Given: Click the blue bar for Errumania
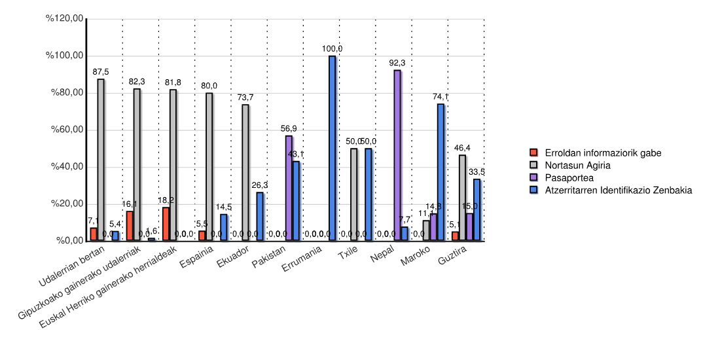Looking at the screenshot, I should coord(332,149).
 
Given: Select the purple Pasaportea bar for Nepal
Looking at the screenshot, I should coord(397,155).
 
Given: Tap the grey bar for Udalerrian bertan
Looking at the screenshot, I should coord(101,160).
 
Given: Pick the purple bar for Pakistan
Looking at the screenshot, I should coord(289,188).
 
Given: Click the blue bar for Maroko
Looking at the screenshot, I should coord(441,172).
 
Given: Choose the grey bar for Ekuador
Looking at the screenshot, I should coord(245,173).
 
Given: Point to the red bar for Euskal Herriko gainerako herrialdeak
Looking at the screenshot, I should coord(166,224).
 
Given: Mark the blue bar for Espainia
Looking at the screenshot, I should coord(224,227).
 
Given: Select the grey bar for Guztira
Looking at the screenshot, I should coord(462,198).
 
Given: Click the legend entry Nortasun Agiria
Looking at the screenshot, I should coord(577,165).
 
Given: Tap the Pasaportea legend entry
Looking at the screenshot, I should coord(569,177).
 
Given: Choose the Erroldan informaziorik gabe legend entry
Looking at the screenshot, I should coord(603,153).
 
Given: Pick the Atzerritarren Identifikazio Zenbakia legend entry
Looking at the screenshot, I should coord(618,190).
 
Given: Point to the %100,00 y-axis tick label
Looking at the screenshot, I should coord(64,56).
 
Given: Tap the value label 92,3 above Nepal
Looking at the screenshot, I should coord(397,63).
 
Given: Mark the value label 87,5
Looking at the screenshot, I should coord(101,72).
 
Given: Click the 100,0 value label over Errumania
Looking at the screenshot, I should coord(332,48).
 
